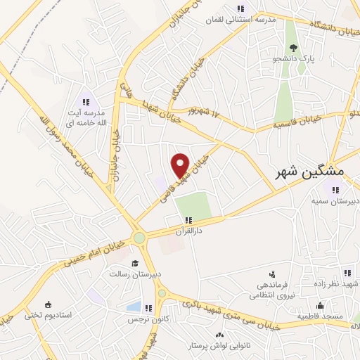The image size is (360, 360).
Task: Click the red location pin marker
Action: (x=181, y=165)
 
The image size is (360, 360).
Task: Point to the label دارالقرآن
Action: (x=188, y=230)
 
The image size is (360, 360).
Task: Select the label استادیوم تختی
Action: (x=49, y=315)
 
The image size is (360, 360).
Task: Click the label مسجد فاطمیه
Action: (x=320, y=316)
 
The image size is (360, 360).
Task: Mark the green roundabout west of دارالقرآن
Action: (x=140, y=238)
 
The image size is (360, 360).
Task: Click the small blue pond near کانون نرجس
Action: (x=133, y=307)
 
